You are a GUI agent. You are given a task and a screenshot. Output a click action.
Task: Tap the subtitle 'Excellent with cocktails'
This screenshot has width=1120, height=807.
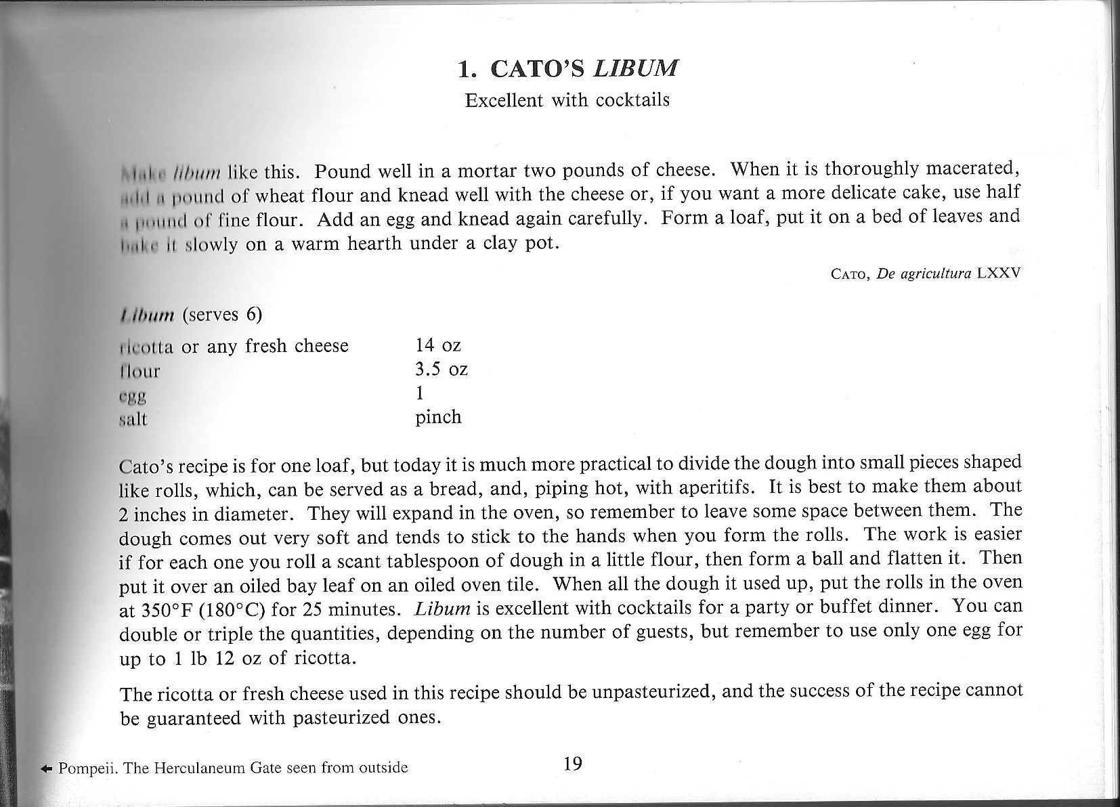click(567, 100)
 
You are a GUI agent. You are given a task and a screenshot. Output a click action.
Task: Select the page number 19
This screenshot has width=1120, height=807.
click(572, 764)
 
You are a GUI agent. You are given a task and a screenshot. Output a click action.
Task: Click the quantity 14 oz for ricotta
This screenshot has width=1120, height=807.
click(437, 345)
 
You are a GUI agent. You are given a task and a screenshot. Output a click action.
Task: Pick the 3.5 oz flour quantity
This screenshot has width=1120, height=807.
click(441, 370)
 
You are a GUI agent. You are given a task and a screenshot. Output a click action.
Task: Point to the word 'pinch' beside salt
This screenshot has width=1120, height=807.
click(438, 417)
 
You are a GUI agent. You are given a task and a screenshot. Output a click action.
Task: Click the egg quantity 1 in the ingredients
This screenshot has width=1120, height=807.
click(420, 393)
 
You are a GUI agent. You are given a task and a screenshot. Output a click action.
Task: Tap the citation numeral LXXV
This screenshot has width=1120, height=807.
click(999, 274)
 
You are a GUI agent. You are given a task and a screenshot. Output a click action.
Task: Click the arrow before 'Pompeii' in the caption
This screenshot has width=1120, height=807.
click(46, 768)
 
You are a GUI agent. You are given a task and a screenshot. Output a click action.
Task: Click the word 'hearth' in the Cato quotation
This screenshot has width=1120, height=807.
click(376, 244)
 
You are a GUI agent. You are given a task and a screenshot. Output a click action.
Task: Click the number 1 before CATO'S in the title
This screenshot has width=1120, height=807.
click(465, 69)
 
